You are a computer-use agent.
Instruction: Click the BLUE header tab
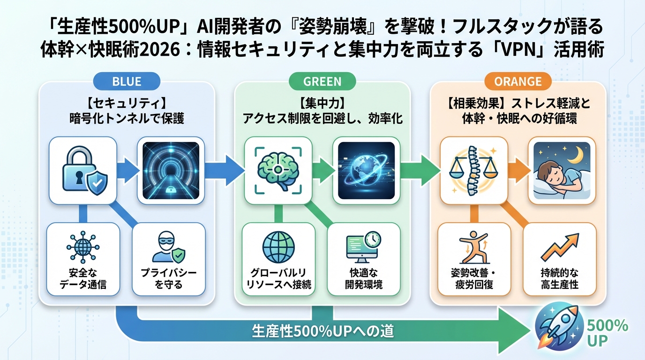127,82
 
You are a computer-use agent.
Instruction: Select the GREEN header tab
322,82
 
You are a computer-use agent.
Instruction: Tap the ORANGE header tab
518,82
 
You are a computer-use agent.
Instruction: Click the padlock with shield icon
83,170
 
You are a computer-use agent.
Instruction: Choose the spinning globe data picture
363,170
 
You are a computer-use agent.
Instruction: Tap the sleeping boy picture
559,170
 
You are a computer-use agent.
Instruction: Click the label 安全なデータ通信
83,278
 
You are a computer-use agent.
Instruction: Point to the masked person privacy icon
168,247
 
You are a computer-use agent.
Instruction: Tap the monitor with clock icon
363,247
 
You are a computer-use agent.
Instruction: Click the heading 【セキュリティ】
127,101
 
